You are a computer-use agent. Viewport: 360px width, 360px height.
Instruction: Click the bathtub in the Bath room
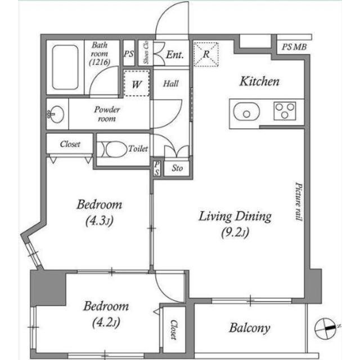click(x=65, y=67)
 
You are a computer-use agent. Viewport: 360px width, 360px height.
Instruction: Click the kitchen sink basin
click(x=246, y=111)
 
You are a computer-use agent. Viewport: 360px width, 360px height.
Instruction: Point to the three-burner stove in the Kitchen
click(x=285, y=111)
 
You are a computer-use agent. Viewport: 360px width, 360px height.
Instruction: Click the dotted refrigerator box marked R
click(x=206, y=55)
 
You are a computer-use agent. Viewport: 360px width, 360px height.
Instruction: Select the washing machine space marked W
click(x=137, y=83)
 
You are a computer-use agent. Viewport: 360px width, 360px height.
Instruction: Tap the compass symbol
click(x=326, y=328)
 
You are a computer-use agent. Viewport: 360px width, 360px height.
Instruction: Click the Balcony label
click(x=250, y=328)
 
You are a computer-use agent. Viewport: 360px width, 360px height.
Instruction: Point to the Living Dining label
click(x=235, y=216)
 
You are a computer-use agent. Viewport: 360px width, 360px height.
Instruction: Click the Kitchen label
click(x=259, y=81)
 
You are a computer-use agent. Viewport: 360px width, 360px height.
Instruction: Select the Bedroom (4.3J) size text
click(x=100, y=221)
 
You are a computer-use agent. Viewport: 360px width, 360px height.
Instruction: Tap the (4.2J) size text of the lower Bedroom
click(x=106, y=323)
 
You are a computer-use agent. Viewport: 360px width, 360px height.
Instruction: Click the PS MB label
click(x=294, y=47)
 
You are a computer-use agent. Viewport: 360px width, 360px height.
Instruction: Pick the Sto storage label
click(x=177, y=168)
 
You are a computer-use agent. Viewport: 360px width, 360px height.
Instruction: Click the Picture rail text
click(x=299, y=201)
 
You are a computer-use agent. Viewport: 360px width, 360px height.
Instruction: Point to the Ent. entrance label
click(x=175, y=55)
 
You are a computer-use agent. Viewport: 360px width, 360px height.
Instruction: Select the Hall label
click(x=171, y=84)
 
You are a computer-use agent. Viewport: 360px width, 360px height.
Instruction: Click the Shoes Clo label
click(x=146, y=52)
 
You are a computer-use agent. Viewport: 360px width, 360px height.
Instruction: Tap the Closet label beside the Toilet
click(x=70, y=144)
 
